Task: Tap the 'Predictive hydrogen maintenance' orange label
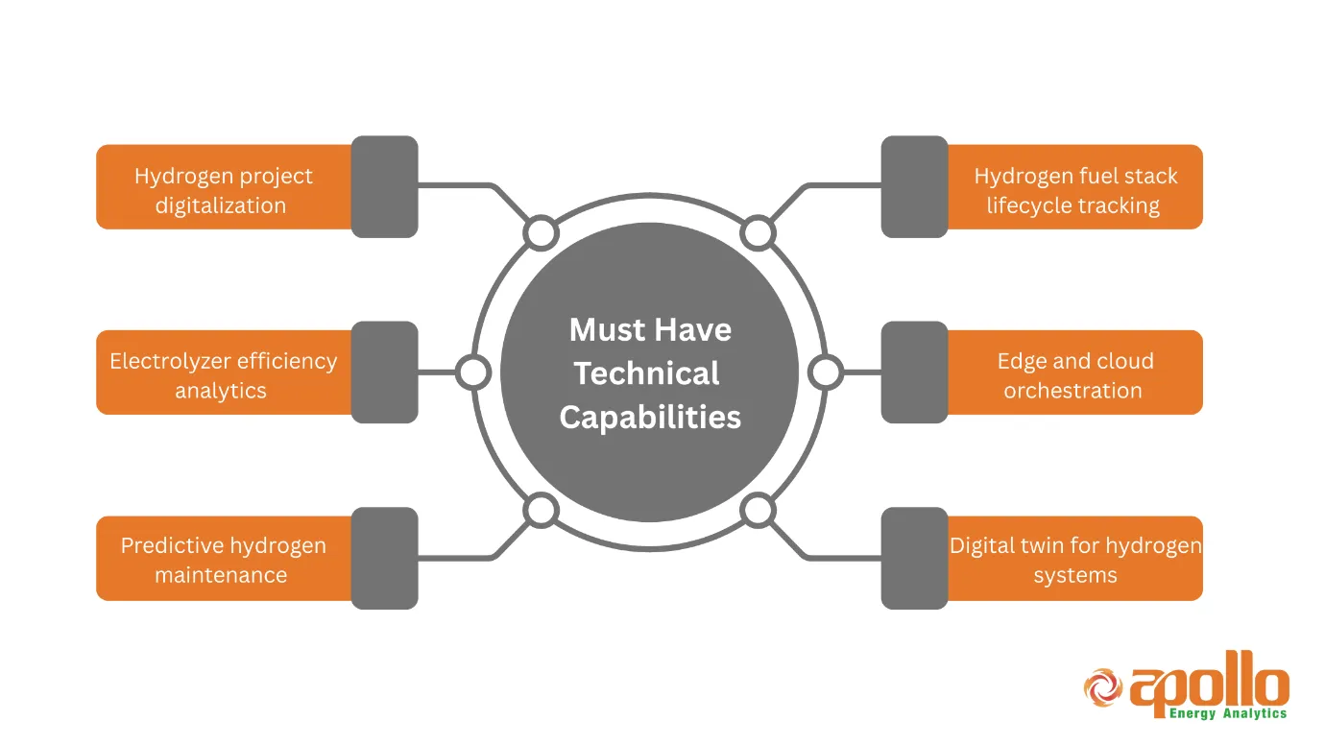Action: tap(223, 559)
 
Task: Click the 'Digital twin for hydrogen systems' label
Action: tap(1074, 559)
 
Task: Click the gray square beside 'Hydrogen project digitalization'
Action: tap(384, 187)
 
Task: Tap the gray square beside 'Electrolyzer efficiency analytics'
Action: tap(384, 372)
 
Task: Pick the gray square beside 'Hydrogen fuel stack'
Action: tap(914, 187)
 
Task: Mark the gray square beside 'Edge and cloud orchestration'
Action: tap(914, 372)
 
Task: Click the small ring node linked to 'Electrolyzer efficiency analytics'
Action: tap(472, 372)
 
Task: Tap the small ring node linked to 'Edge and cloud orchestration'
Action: tap(826, 372)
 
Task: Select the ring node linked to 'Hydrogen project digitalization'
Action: tap(541, 233)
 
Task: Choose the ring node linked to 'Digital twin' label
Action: tap(758, 511)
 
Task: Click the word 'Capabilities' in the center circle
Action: tap(650, 418)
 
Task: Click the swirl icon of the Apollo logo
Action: tap(1103, 686)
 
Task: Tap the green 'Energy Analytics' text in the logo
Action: tap(1228, 713)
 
